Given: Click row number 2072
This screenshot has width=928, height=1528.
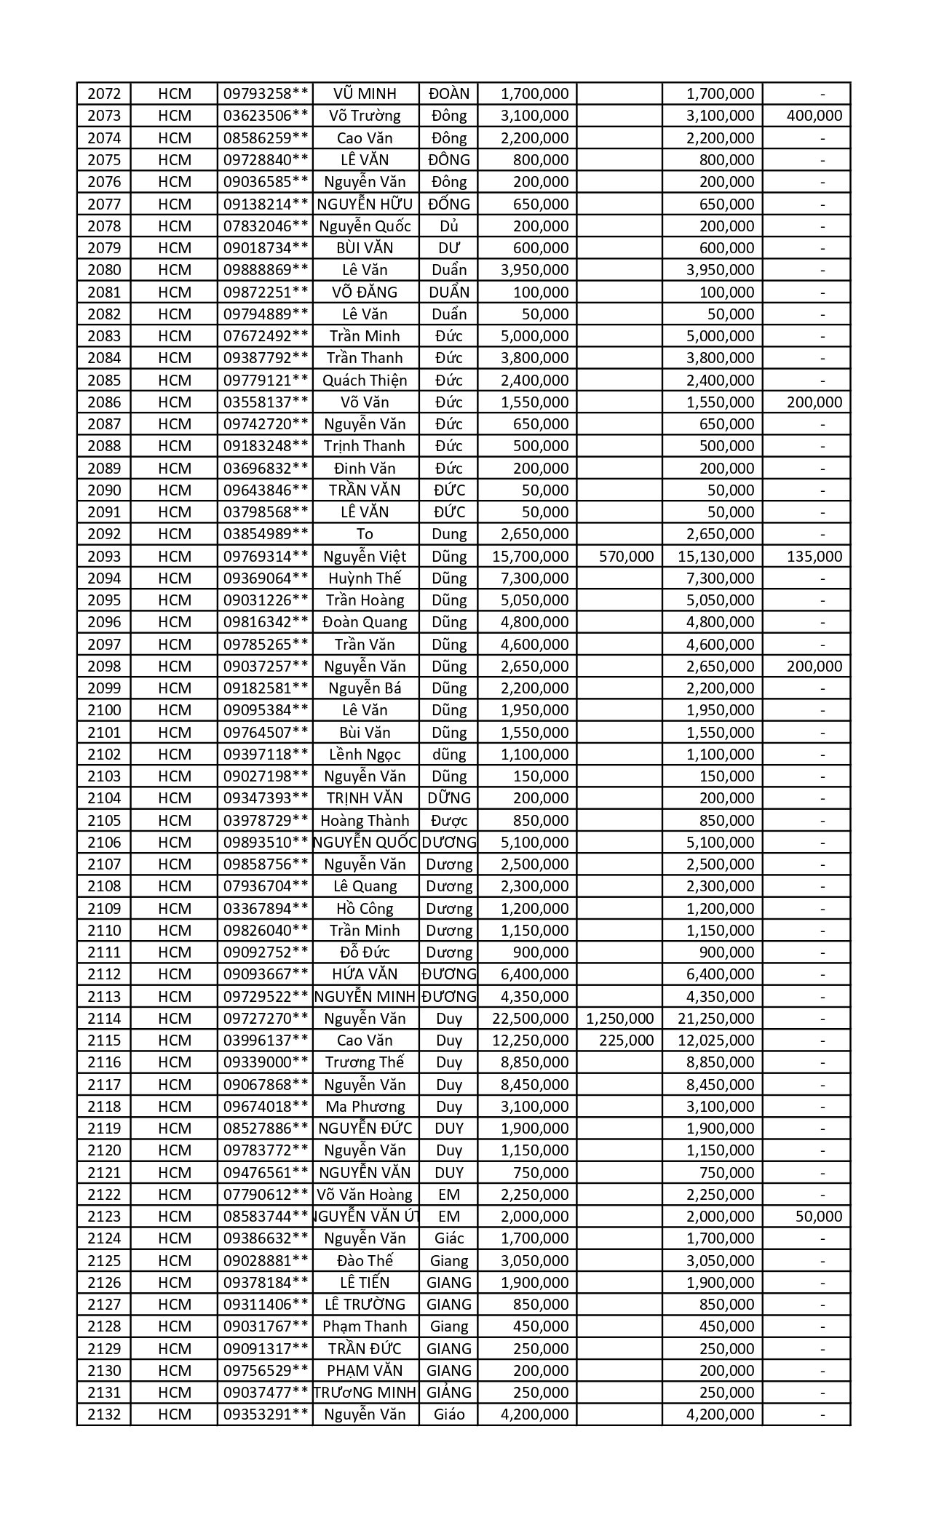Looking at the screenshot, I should coord(104,94).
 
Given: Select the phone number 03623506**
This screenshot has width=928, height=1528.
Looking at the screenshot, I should coord(266,116).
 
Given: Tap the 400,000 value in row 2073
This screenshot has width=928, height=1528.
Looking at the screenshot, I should coord(814,116).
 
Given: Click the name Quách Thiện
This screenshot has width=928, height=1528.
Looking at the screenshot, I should coord(365,381).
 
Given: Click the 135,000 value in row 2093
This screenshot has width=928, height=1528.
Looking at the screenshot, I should coord(814,557).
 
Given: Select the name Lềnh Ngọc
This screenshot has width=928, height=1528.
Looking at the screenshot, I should coord(365,755).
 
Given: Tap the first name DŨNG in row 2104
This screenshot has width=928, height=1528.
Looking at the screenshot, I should coord(449,798).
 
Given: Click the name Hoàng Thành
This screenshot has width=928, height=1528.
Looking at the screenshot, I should coord(365,821).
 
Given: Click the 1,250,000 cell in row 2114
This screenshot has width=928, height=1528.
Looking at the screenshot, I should coord(619,1019).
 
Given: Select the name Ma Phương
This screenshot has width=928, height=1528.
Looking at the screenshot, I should coord(365,1107).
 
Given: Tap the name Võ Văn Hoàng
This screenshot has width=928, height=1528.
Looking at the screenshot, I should coord(365,1195).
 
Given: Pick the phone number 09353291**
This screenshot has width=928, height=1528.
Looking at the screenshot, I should coord(266,1414).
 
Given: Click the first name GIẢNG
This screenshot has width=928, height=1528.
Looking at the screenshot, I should coord(449,1393).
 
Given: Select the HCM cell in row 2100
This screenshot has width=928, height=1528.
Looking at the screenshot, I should coord(175,710).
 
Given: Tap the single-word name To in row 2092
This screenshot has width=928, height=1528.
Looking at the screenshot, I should coord(365,534).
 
